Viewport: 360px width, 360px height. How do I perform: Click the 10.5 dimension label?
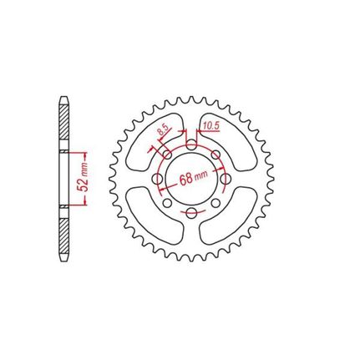click(x=211, y=126)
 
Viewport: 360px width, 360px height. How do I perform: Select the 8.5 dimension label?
click(x=163, y=130)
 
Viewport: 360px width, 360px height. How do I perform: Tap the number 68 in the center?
click(x=186, y=179)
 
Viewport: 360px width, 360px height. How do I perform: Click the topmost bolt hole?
click(x=190, y=145)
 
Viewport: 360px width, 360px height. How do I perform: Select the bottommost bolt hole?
click(x=190, y=214)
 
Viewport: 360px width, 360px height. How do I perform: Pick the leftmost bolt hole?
click(x=157, y=179)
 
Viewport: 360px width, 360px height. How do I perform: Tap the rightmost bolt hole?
click(x=226, y=179)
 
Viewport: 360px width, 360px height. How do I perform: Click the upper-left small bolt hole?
click(x=167, y=155)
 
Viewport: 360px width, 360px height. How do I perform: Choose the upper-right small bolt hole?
click(x=215, y=155)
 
